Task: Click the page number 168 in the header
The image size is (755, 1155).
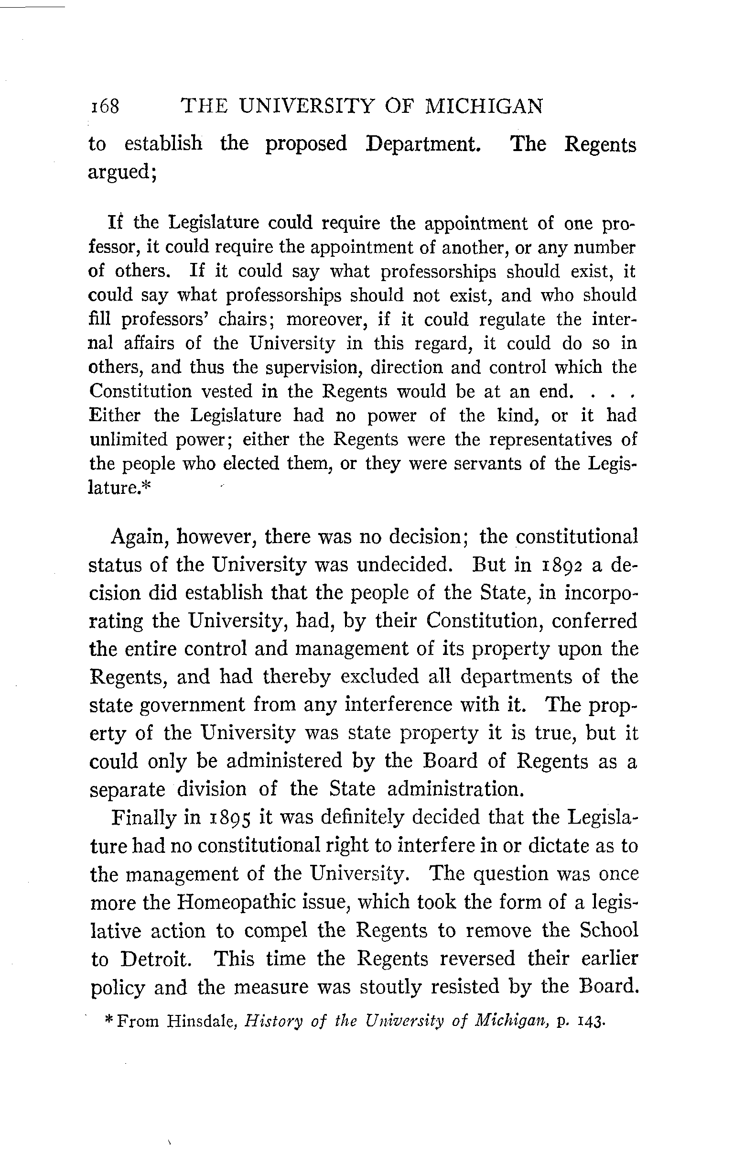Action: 105,106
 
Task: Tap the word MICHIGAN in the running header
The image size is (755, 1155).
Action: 484,106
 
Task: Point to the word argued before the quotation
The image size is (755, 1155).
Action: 120,172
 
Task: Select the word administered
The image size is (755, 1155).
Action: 284,761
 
